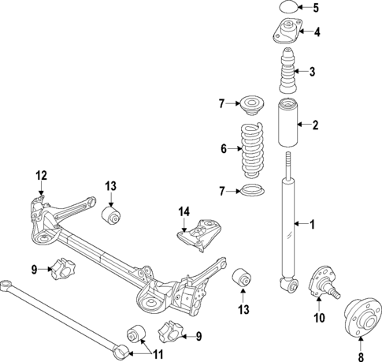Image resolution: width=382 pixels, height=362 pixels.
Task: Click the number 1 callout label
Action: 311,225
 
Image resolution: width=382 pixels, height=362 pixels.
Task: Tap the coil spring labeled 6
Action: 253,149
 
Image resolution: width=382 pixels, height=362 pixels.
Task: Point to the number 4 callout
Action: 317,33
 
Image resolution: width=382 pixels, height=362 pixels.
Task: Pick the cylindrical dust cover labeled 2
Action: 287,125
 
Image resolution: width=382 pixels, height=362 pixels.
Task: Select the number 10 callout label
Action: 319,319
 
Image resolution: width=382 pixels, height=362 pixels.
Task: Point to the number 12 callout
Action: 41,175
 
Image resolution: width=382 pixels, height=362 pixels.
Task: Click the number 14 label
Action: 184,211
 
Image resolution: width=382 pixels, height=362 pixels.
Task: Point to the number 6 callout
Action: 224,147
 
